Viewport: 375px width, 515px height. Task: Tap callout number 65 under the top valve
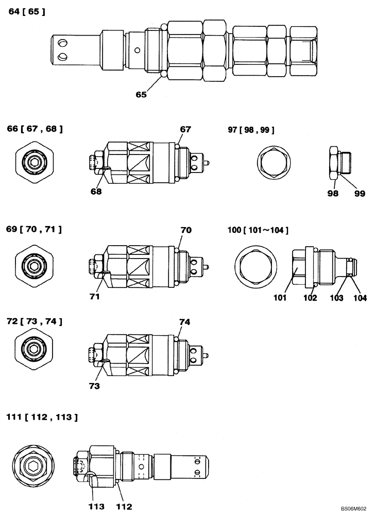(141, 94)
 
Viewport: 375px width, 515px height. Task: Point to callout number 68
(95, 192)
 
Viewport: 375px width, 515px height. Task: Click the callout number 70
(186, 230)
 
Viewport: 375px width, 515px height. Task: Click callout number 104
(359, 297)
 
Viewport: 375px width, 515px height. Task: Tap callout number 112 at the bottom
(123, 505)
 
